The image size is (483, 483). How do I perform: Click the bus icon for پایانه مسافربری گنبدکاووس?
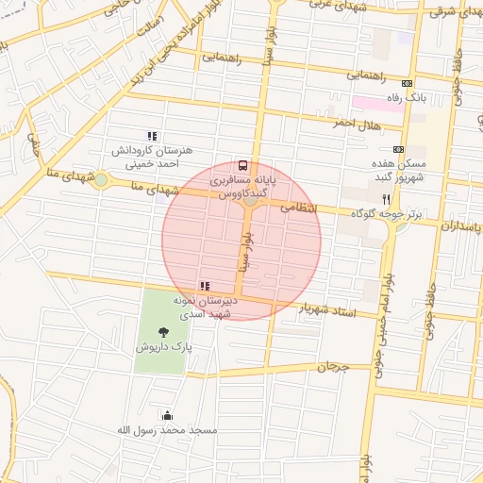[243, 164]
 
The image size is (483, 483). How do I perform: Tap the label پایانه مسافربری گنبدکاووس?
[243, 186]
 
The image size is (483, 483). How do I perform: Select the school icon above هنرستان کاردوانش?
[152, 136]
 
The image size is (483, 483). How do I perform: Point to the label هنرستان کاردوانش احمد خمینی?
[152, 158]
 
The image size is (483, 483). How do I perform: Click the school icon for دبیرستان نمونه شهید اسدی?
[205, 285]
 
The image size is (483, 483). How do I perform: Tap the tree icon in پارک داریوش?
[164, 331]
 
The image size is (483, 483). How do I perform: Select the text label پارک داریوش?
[163, 347]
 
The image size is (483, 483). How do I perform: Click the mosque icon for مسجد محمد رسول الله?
[168, 414]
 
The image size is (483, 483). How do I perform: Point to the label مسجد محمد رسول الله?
[166, 430]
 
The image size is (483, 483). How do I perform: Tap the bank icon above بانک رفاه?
[407, 83]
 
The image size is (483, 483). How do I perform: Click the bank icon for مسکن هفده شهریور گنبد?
[398, 149]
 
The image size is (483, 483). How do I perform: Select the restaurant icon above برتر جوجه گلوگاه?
[386, 199]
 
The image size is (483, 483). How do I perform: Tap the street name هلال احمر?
[355, 123]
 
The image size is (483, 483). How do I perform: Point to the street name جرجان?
[332, 365]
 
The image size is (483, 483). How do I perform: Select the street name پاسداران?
[460, 227]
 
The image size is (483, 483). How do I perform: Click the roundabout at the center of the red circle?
[250, 200]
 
